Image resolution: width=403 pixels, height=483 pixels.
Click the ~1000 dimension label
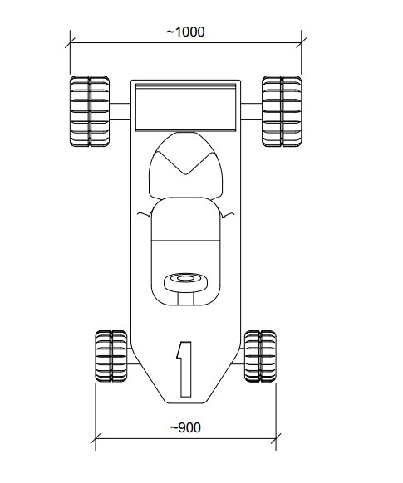(x=185, y=32)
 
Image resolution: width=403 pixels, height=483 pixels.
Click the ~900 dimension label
(x=185, y=427)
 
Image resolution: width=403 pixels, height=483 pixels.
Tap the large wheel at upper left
(x=90, y=111)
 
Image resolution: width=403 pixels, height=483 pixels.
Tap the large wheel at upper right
(x=282, y=111)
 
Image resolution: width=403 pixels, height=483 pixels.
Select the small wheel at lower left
(x=111, y=356)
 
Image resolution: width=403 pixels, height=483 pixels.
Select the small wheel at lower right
(x=260, y=356)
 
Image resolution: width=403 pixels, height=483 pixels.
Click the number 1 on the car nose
(x=184, y=369)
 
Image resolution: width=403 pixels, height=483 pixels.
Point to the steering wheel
(x=185, y=282)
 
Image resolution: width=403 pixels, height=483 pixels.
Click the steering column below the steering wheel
(x=185, y=299)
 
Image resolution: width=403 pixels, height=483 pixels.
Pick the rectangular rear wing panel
(x=185, y=106)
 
